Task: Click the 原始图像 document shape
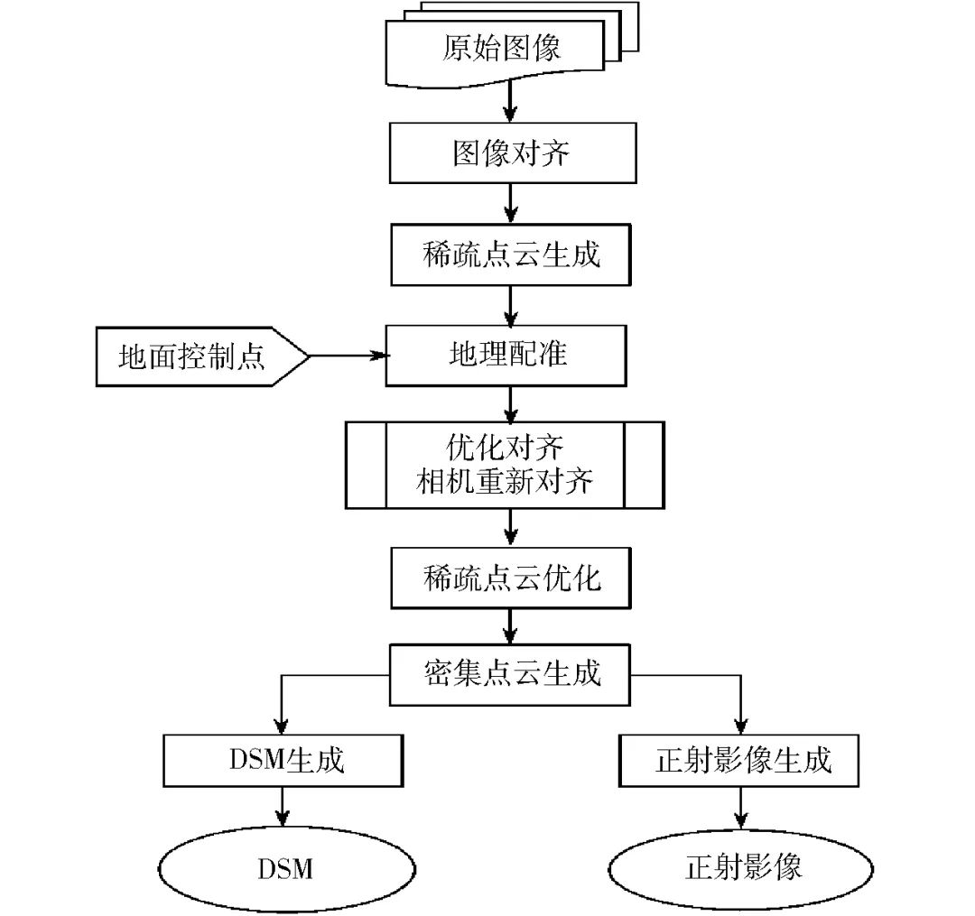pyautogui.click(x=501, y=47)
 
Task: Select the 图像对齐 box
pyautogui.click(x=511, y=153)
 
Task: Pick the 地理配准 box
pyautogui.click(x=506, y=355)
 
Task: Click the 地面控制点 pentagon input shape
pyautogui.click(x=194, y=356)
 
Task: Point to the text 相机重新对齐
pyautogui.click(x=505, y=482)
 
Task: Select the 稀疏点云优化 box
pyautogui.click(x=511, y=578)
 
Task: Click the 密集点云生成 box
pyautogui.click(x=511, y=674)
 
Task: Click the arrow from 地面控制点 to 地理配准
pyautogui.click(x=348, y=356)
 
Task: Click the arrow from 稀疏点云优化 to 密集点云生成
pyautogui.click(x=511, y=625)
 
